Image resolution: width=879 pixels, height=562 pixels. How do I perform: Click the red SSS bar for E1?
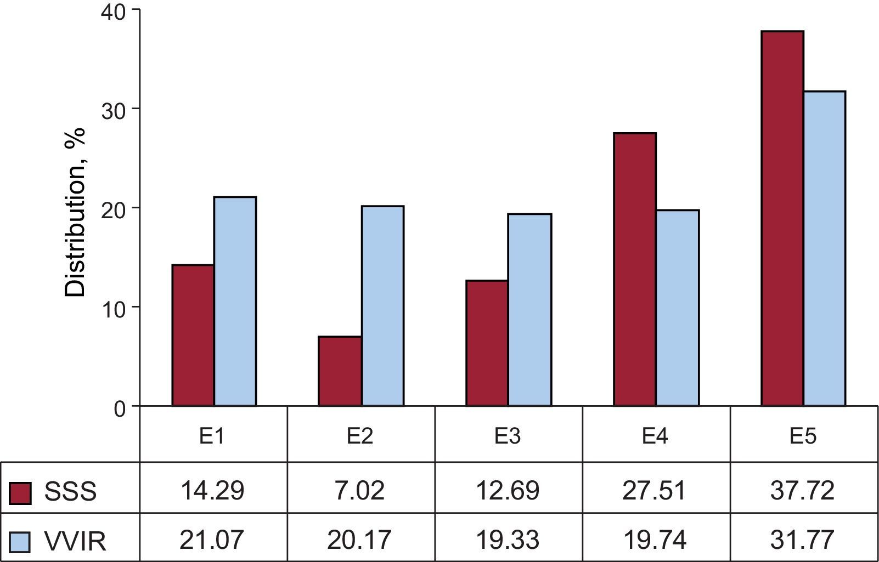point(193,335)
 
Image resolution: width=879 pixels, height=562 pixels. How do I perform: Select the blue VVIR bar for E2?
point(382,306)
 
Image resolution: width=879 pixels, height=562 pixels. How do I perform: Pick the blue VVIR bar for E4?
point(677,308)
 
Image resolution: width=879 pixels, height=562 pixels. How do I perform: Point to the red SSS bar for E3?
point(487,343)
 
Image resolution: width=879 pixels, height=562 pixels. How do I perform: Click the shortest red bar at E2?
point(340,371)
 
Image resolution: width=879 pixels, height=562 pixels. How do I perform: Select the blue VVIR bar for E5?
point(824,248)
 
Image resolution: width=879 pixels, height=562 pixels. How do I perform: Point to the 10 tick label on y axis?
point(113,308)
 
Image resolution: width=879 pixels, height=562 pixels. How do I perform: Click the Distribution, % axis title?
point(76,212)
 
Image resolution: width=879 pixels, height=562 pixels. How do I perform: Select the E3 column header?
point(508,436)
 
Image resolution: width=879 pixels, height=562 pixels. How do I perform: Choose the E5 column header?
point(803,436)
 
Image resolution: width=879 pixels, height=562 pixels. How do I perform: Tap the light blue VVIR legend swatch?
point(21,541)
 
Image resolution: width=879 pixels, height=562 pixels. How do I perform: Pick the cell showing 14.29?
point(212,490)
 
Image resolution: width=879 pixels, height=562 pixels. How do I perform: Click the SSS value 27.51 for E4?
point(655,490)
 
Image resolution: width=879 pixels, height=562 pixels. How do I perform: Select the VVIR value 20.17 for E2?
point(359,540)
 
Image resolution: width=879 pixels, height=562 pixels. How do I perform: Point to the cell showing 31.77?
point(803,540)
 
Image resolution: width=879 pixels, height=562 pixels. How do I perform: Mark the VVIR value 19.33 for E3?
point(508,540)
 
